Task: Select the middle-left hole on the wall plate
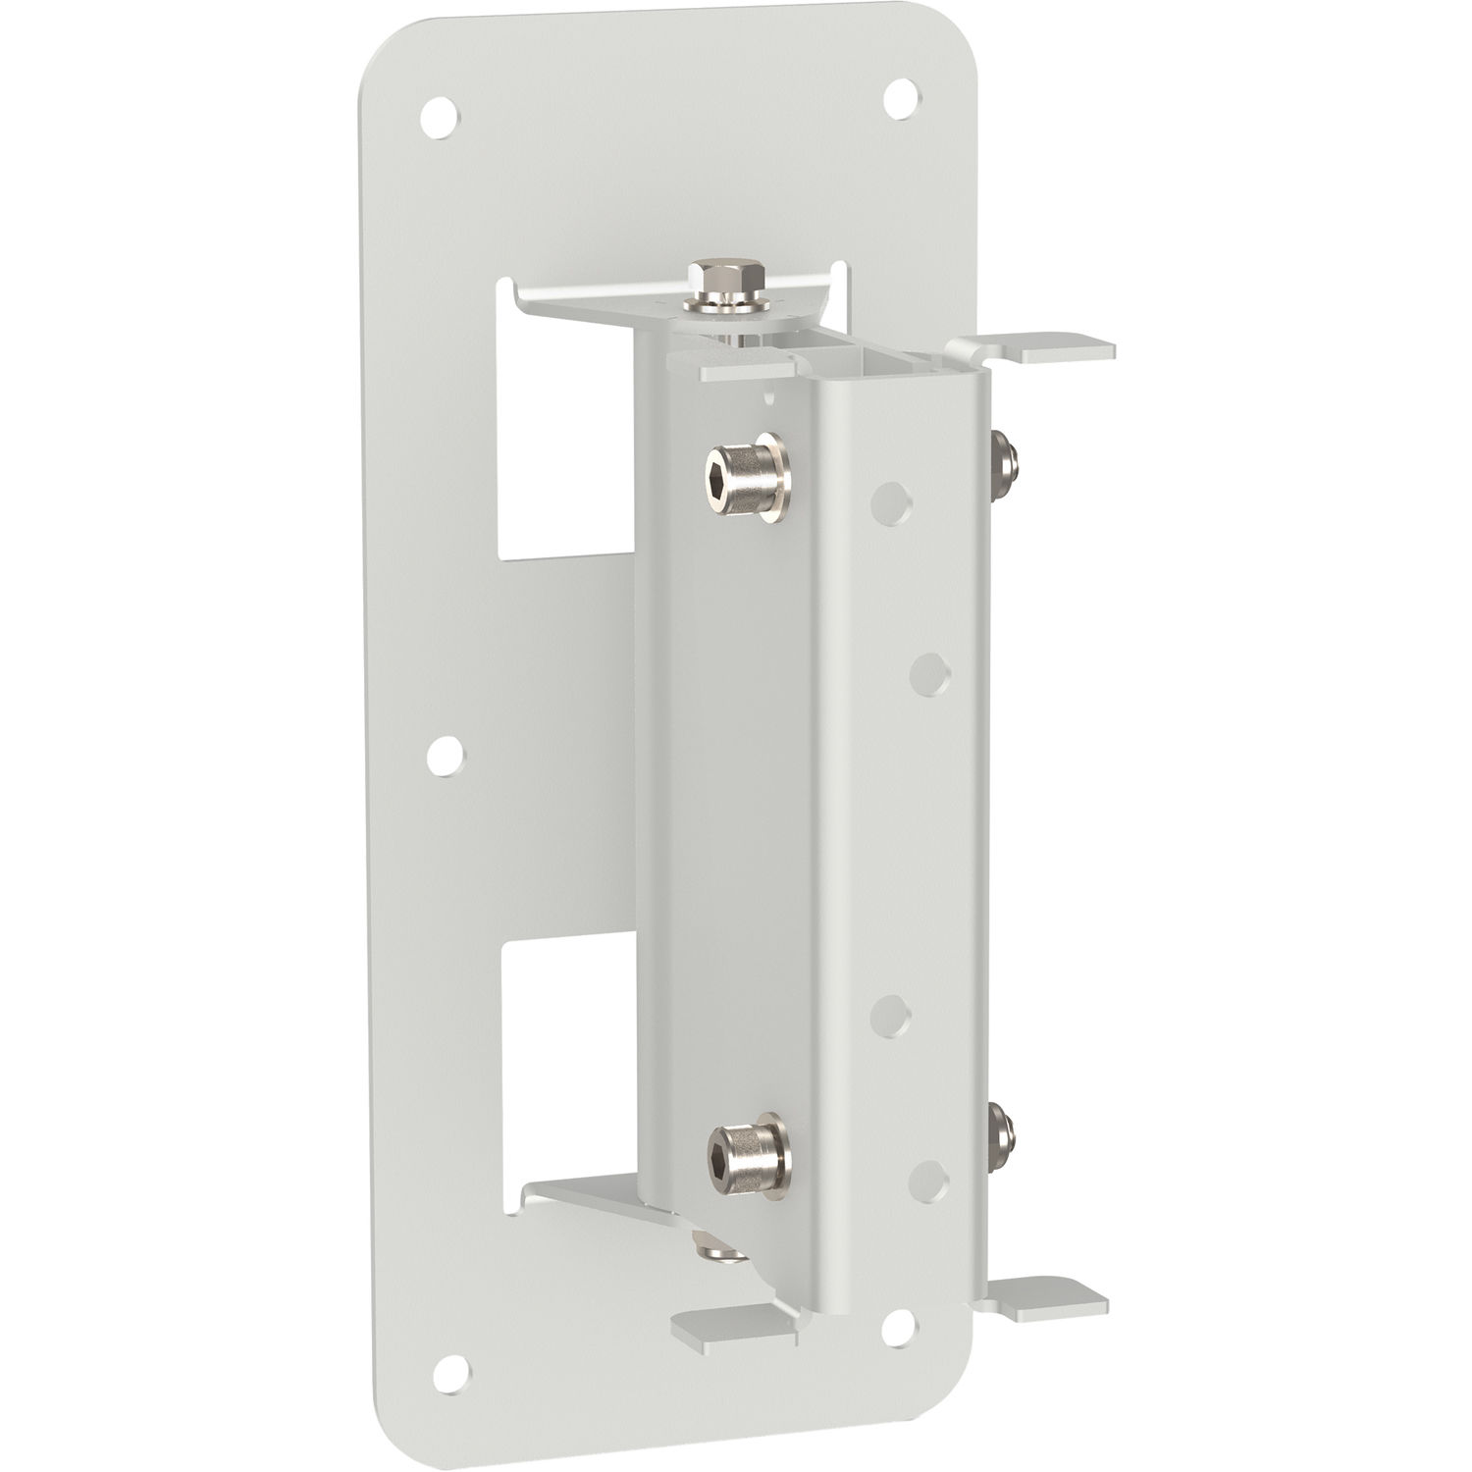pos(447,755)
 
